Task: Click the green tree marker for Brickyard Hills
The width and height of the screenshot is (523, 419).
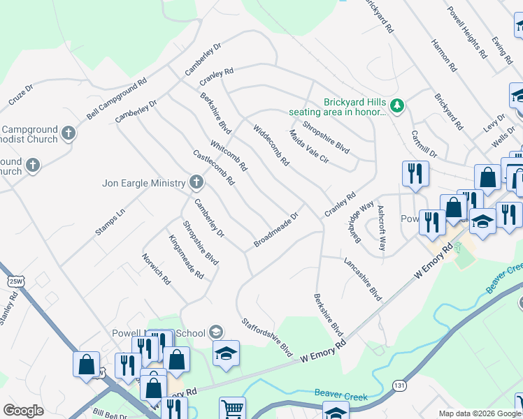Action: click(x=398, y=105)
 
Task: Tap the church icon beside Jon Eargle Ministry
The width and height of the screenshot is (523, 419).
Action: click(x=196, y=183)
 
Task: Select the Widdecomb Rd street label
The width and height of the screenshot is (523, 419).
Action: click(x=271, y=145)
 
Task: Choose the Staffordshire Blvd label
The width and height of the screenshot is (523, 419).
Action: click(x=266, y=338)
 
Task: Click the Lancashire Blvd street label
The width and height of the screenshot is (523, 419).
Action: click(x=363, y=279)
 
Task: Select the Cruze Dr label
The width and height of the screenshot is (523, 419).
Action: click(x=21, y=96)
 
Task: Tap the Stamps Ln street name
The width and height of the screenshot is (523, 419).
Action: click(x=110, y=222)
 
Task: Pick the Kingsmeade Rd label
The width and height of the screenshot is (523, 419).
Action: click(x=186, y=257)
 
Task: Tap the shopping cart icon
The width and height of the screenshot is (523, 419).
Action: click(x=232, y=409)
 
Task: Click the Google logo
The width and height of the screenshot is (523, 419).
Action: click(x=23, y=411)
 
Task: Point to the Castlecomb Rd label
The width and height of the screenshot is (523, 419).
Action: click(x=213, y=168)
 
